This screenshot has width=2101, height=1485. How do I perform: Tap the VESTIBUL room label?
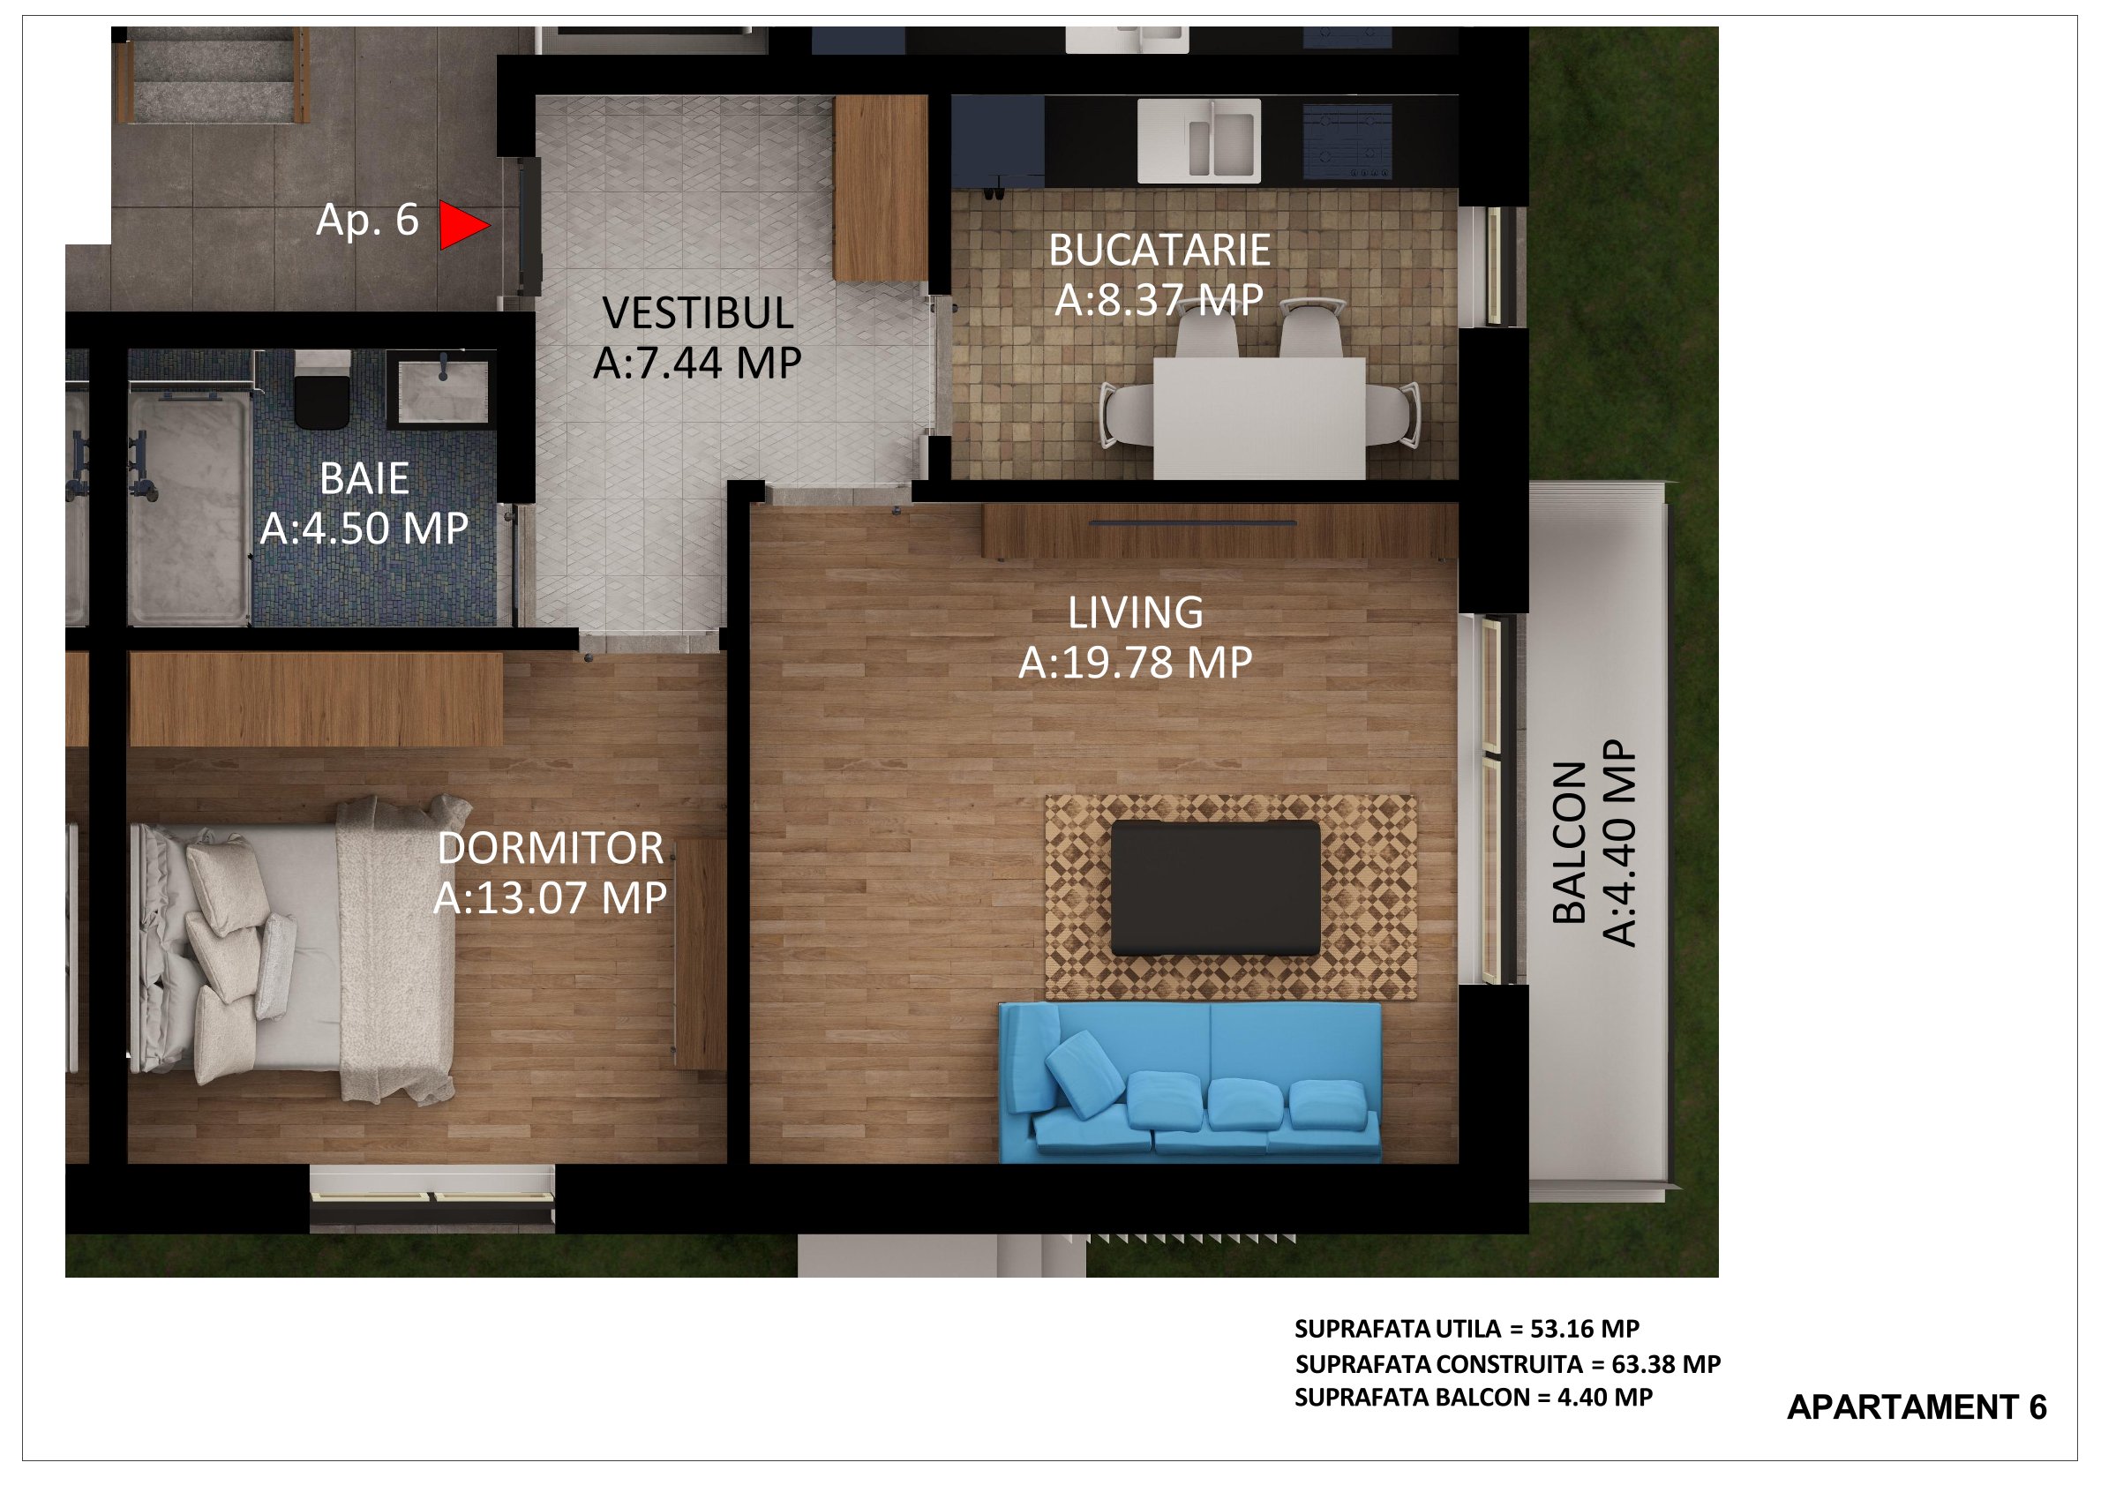click(x=698, y=314)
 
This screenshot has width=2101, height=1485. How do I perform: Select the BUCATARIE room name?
click(x=1159, y=251)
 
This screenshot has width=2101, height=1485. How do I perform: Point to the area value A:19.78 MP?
click(x=1136, y=663)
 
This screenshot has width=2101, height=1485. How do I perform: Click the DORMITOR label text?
click(x=550, y=849)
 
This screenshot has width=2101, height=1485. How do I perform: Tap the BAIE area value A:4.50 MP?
click(x=364, y=529)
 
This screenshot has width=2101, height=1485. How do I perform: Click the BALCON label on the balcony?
click(x=1569, y=843)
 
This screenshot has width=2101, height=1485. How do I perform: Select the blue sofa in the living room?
click(x=1189, y=1083)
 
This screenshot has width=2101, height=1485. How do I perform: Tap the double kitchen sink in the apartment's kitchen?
click(x=1198, y=141)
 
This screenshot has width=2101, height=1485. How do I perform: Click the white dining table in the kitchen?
click(x=1259, y=418)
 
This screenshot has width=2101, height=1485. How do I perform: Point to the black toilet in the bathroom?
click(x=322, y=391)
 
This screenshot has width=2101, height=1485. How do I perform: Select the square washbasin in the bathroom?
click(x=442, y=391)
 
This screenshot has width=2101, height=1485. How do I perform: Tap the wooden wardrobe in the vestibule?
click(x=881, y=188)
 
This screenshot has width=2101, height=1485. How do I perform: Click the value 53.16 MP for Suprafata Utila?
click(x=1585, y=1329)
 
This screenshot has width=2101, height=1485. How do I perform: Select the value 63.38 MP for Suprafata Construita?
click(x=1666, y=1364)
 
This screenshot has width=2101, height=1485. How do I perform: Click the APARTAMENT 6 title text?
click(x=1917, y=1407)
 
